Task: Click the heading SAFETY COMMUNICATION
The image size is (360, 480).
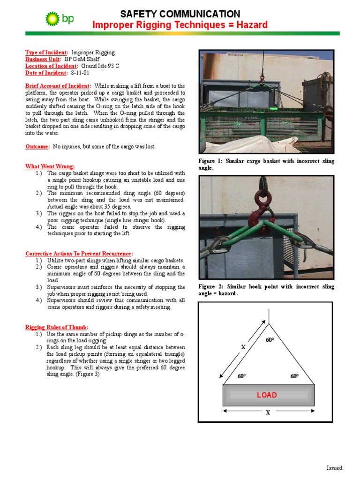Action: pyautogui.click(x=180, y=14)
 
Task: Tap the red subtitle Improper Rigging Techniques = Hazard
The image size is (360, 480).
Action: pyautogui.click(x=180, y=25)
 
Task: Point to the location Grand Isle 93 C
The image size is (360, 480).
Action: pyautogui.click(x=100, y=66)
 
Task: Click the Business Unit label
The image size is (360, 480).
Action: pyautogui.click(x=43, y=60)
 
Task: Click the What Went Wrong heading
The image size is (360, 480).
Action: pyautogui.click(x=50, y=166)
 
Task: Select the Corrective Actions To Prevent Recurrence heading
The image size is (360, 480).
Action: pyautogui.click(x=82, y=254)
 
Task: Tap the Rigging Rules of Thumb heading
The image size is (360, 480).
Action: pyautogui.click(x=57, y=327)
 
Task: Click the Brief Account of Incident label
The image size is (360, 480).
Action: pyautogui.click(x=58, y=86)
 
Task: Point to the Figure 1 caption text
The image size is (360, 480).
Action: pyautogui.click(x=266, y=164)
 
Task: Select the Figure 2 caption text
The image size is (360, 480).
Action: pyautogui.click(x=266, y=290)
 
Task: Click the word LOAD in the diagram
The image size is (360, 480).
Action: pyautogui.click(x=267, y=395)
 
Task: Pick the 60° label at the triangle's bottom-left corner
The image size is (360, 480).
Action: pyautogui.click(x=242, y=376)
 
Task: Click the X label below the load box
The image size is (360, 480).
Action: pyautogui.click(x=268, y=413)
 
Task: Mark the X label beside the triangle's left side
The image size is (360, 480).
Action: pyautogui.click(x=243, y=347)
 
